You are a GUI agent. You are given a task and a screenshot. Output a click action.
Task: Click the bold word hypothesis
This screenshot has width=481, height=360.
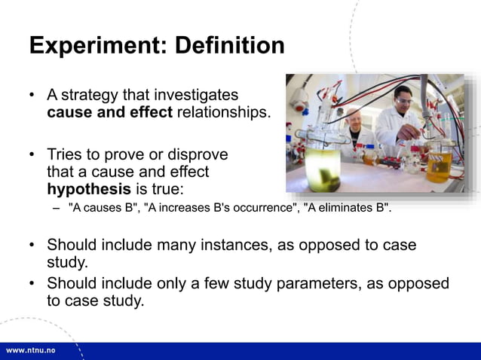(x=89, y=188)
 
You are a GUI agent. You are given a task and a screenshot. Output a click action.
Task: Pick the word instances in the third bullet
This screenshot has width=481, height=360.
(x=252, y=246)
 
